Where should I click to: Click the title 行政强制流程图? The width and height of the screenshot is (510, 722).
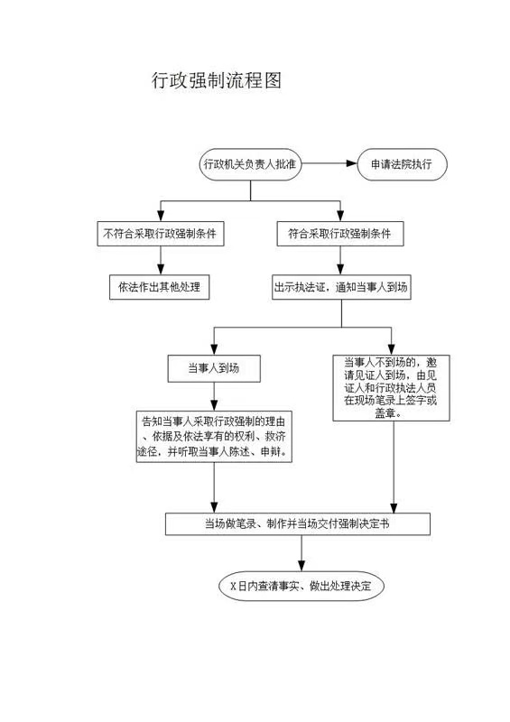point(216,80)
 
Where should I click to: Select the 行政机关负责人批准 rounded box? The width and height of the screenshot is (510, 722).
point(251,164)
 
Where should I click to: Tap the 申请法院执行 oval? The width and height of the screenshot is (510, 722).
point(402,164)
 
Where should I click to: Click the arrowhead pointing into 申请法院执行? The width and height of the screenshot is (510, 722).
point(351,163)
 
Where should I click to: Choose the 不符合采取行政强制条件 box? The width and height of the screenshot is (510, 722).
point(161,234)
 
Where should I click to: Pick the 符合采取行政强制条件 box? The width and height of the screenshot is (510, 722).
point(340,234)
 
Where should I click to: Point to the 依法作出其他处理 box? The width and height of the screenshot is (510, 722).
point(160,287)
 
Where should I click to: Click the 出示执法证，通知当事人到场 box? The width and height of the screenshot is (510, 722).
point(341,287)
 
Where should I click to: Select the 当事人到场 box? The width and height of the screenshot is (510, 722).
point(214,368)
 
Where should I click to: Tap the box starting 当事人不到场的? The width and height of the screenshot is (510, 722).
point(391,388)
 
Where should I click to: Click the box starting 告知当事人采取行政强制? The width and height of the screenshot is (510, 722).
point(214,437)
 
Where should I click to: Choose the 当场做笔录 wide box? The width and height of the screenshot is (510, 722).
point(298,524)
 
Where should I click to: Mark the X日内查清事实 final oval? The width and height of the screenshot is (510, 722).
point(301,586)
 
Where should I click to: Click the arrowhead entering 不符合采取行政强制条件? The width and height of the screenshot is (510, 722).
point(161,216)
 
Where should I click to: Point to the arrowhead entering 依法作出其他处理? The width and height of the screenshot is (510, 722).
point(161,269)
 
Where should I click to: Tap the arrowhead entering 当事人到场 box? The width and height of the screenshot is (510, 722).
point(214,349)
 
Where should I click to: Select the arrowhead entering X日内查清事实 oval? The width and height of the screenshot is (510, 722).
point(301,566)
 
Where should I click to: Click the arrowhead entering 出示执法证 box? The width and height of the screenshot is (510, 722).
point(340,269)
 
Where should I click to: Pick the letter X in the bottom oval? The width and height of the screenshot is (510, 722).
point(233,586)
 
